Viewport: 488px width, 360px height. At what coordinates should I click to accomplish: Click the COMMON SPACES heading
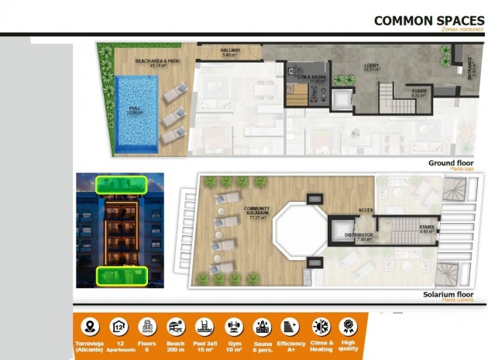click(429, 20)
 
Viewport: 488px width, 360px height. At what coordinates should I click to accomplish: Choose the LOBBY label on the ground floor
click(371, 67)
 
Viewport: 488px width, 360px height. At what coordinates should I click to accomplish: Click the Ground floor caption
click(450, 163)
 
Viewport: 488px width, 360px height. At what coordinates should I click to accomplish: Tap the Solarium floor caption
click(448, 295)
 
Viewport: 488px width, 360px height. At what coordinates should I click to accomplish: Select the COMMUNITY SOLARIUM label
click(256, 213)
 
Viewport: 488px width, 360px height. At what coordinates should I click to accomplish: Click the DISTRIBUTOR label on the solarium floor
click(359, 235)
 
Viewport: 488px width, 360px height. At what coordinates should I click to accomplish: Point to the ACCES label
click(366, 210)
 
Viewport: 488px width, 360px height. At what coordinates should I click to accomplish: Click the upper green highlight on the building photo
click(120, 185)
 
